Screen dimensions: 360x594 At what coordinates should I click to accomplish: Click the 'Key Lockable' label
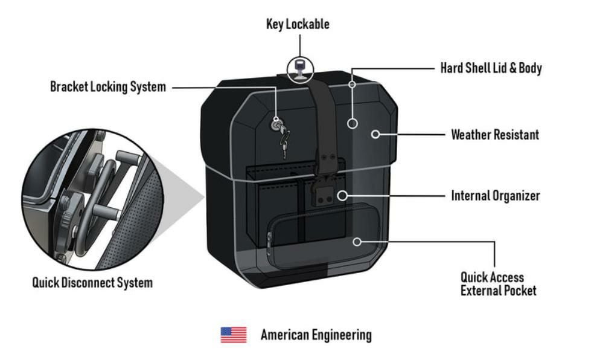[x=298, y=24]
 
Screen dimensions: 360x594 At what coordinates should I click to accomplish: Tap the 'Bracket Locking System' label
[x=107, y=87]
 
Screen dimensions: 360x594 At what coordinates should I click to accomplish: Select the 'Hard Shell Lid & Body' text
[x=491, y=68]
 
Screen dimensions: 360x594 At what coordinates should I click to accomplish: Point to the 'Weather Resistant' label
[x=495, y=134]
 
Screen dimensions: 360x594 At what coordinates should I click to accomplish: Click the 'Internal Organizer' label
[x=496, y=196]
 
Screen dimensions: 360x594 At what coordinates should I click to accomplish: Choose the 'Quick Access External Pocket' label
[x=498, y=284]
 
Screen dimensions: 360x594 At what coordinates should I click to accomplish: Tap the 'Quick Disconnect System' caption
[x=92, y=282]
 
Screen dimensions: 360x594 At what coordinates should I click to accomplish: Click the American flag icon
[x=233, y=335]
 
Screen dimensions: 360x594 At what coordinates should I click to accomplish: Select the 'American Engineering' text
[x=316, y=335]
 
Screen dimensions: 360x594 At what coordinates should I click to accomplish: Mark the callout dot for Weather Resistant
[x=375, y=134]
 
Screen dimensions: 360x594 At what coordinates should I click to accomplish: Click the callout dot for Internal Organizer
[x=342, y=195]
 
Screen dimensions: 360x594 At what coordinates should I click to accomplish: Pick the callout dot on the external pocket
[x=357, y=242]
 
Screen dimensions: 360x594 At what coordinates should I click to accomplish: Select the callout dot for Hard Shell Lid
[x=353, y=123]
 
